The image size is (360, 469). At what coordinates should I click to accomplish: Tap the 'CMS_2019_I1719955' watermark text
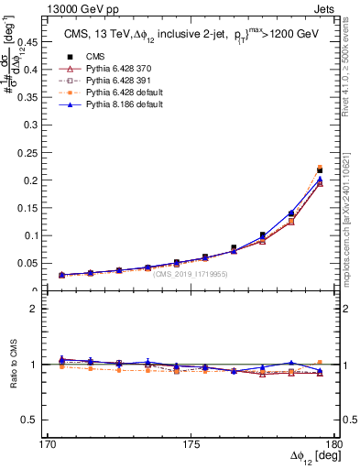[x=191, y=273]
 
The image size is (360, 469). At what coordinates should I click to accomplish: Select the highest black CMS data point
[x=320, y=170]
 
